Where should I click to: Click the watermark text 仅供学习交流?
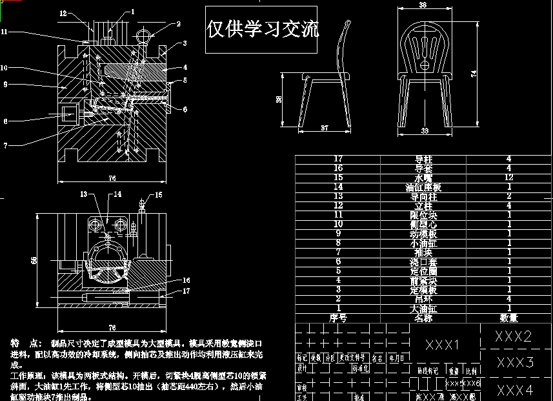pos(263,30)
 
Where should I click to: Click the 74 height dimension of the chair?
pos(475,75)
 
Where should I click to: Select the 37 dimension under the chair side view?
pos(325,129)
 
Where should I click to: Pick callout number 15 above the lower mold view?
pos(159,194)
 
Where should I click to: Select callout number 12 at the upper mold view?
pos(63,13)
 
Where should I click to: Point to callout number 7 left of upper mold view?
pos(5,145)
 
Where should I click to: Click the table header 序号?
pos(338,318)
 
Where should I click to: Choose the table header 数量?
pos(508,318)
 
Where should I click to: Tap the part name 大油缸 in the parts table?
pos(423,309)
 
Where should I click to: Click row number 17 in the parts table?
pos(338,159)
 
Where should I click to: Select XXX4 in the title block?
pos(515,390)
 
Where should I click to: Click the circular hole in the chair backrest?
pos(424,65)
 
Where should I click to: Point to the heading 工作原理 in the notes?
pos(26,375)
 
